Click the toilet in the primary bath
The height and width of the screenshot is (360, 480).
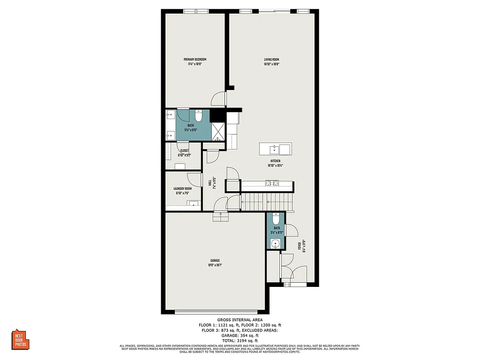tap(198, 115)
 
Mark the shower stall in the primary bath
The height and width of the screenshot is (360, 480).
tap(217, 132)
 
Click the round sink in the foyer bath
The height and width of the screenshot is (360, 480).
tap(275, 243)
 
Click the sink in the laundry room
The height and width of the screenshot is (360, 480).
tap(192, 203)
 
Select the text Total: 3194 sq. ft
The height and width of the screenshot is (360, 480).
tap(240, 340)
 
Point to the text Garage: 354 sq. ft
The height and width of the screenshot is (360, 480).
tap(240, 335)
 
